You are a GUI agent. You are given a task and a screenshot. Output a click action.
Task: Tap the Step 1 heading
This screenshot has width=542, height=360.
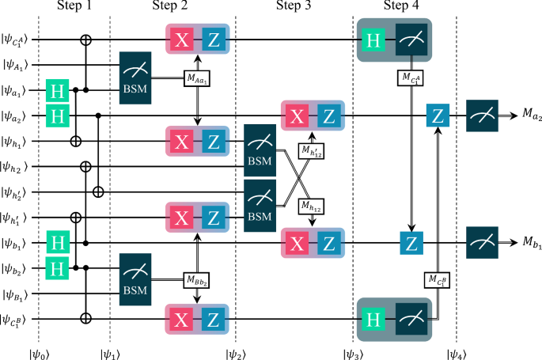75,8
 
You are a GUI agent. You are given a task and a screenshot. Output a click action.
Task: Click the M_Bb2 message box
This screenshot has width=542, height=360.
197,279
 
